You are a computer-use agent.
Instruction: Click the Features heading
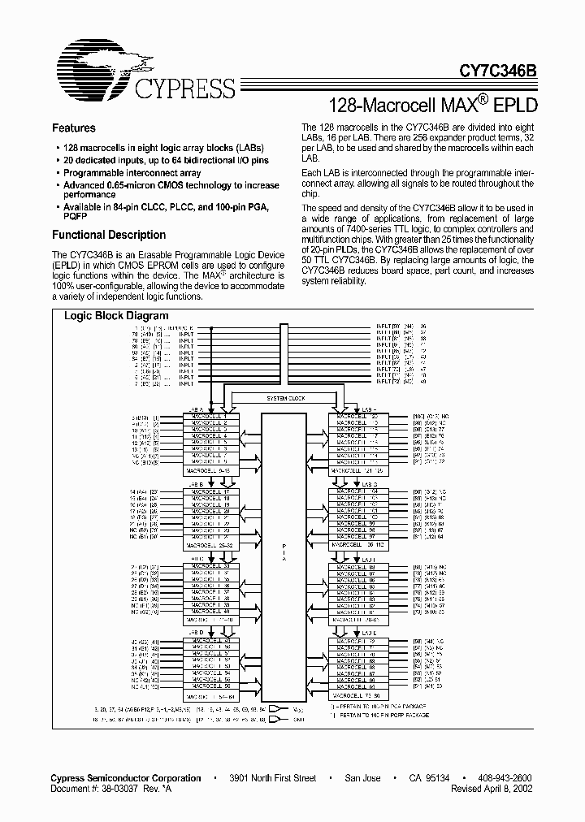(74, 128)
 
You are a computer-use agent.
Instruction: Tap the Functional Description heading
(109, 235)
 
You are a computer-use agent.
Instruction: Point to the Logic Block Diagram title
(116, 315)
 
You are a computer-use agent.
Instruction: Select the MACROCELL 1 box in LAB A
(210, 417)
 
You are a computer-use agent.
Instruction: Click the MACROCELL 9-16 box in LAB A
(210, 470)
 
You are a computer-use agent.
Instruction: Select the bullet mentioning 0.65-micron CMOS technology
(171, 189)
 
